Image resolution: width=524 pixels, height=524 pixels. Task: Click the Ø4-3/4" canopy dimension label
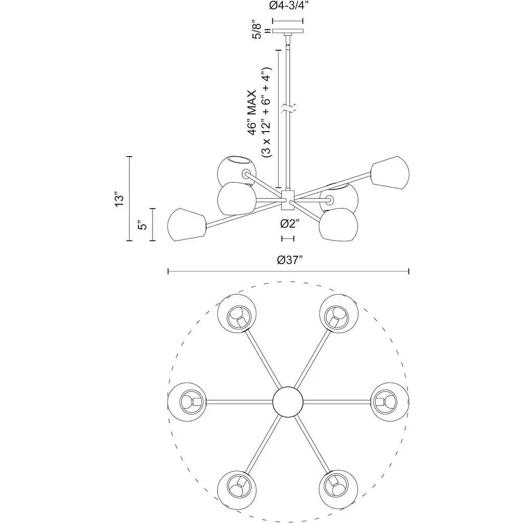click(288, 6)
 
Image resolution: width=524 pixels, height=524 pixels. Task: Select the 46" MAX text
click(252, 112)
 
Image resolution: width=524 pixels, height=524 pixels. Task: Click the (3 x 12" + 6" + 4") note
click(267, 112)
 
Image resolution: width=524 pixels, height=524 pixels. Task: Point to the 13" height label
click(119, 199)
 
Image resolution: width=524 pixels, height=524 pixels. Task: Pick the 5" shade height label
click(142, 225)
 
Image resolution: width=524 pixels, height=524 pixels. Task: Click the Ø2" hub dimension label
click(289, 224)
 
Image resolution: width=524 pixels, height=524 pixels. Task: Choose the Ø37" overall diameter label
click(290, 259)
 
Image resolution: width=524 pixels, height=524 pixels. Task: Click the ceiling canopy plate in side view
click(288, 31)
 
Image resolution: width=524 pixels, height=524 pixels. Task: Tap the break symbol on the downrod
click(288, 108)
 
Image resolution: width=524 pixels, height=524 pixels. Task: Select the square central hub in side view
click(288, 200)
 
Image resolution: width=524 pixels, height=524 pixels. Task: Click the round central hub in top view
click(288, 402)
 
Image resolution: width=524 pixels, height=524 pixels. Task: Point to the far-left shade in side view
click(187, 225)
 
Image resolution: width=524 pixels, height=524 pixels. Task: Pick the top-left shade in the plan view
click(237, 314)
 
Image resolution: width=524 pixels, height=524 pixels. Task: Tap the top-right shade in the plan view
click(339, 314)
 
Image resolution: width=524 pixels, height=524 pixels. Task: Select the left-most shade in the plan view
click(187, 402)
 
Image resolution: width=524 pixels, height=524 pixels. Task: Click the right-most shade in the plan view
click(390, 402)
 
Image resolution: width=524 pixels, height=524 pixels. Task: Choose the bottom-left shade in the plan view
click(237, 490)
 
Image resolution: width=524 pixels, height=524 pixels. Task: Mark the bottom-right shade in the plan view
click(339, 490)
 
